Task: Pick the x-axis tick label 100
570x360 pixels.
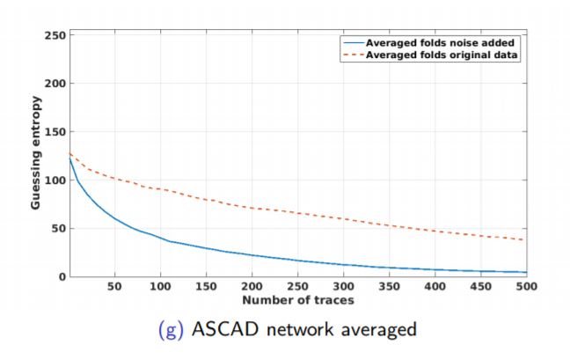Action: pos(160,287)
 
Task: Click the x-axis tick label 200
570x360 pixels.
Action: pos(252,287)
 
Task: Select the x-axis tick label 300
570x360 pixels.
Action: pos(344,287)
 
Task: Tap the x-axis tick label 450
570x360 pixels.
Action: pos(482,287)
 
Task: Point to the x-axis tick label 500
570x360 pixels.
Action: pos(527,287)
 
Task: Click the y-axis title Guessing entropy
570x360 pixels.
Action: pos(35,156)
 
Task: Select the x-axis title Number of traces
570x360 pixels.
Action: pos(298,301)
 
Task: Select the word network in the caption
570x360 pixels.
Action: pos(290,332)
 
